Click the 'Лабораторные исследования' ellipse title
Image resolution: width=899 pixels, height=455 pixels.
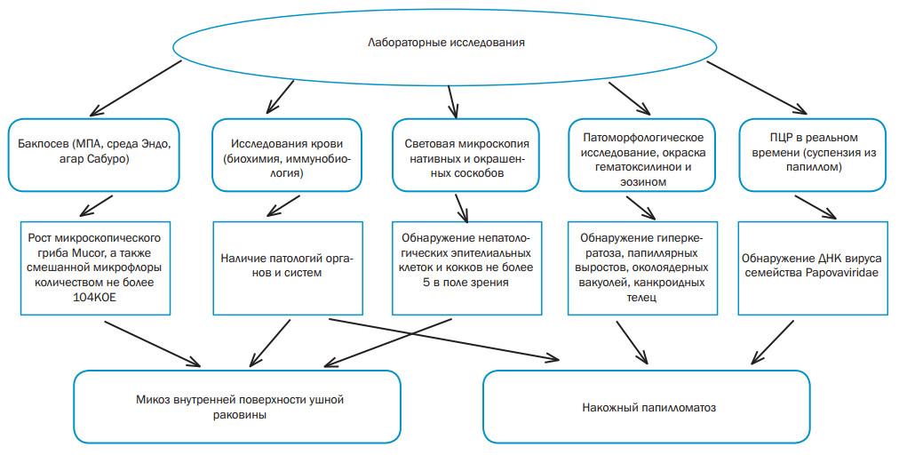446,43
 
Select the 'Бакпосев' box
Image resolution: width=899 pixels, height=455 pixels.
94,155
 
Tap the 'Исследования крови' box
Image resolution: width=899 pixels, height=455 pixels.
287,155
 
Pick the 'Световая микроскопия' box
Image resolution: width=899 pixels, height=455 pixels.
466,155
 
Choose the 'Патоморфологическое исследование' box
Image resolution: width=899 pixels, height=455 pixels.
642,155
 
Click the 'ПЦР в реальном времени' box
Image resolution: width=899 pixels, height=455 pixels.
813,155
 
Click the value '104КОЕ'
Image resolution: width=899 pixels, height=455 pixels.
95,298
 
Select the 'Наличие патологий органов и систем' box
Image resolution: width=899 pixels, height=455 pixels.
287,268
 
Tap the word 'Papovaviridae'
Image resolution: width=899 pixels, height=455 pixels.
841,273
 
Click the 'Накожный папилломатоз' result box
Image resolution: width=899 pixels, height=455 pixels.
647,406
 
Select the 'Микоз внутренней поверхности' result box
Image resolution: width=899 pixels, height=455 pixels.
237,406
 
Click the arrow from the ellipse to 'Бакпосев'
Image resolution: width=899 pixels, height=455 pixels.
136,88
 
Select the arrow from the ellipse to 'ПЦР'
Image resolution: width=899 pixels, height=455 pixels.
758,88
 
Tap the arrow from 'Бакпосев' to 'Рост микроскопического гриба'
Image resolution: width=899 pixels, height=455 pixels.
96,205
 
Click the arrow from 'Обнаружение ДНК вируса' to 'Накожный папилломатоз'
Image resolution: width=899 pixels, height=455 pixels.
772,342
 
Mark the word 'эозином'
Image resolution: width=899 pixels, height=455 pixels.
643,182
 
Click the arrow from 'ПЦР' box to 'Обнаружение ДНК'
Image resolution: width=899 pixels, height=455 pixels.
815,207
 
